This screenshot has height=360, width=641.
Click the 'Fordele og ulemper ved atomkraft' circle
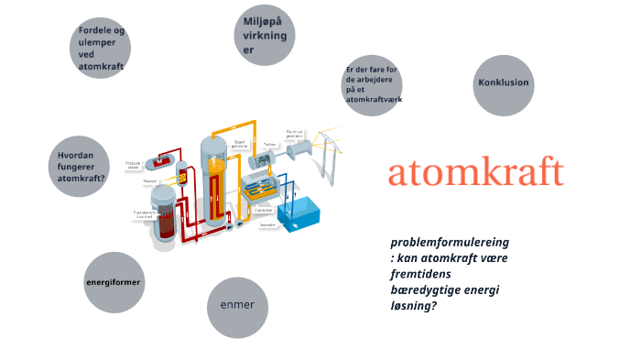(101, 49)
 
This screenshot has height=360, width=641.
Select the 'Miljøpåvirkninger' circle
(265, 35)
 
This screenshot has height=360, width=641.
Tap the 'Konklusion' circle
(503, 83)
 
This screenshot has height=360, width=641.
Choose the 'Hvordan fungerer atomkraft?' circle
(82, 168)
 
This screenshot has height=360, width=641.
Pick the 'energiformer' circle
(114, 282)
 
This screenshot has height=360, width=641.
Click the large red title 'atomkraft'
(475, 172)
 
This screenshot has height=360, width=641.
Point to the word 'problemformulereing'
(450, 243)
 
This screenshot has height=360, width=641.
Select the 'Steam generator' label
(240, 143)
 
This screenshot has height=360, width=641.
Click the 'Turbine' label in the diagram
(269, 144)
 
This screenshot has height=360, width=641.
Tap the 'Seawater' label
(267, 224)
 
